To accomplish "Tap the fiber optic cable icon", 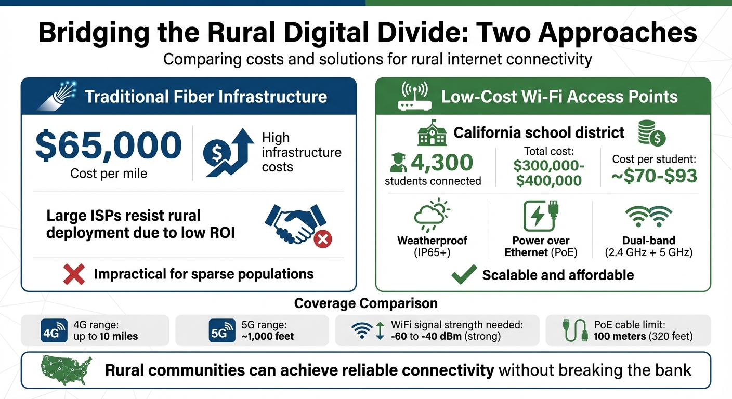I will click(x=56, y=97).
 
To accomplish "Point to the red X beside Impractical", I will click(x=74, y=274).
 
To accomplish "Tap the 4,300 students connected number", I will click(x=442, y=163).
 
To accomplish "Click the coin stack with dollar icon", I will click(x=651, y=134).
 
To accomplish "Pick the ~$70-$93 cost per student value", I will click(x=653, y=176).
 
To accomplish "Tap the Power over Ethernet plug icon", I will click(x=541, y=215).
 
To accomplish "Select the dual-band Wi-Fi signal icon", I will click(x=648, y=216).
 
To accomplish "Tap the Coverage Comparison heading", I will click(x=365, y=303).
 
